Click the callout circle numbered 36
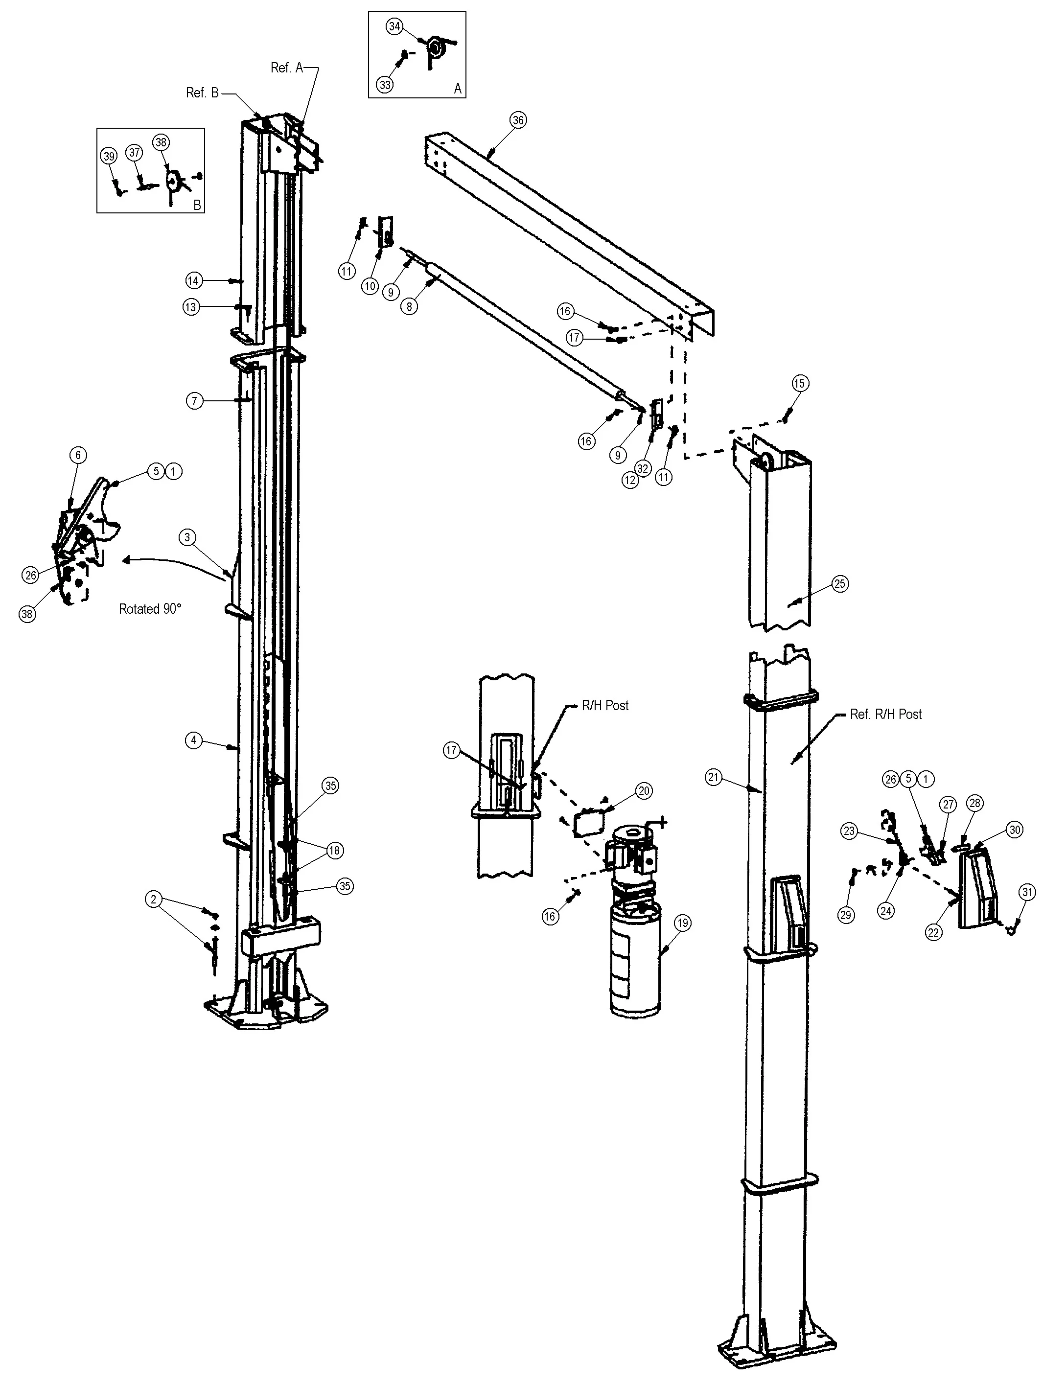[x=518, y=120]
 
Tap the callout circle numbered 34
[x=394, y=26]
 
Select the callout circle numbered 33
[x=385, y=84]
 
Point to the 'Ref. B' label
[x=203, y=92]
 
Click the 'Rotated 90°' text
[x=150, y=608]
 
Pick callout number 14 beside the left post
[x=194, y=281]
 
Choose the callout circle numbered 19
[x=683, y=923]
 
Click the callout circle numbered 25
[x=840, y=584]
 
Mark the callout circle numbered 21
[x=713, y=778]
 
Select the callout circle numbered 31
[x=1027, y=892]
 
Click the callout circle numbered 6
[x=78, y=455]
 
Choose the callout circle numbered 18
[x=334, y=850]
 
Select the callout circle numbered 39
[x=109, y=156]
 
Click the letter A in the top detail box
[x=458, y=89]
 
